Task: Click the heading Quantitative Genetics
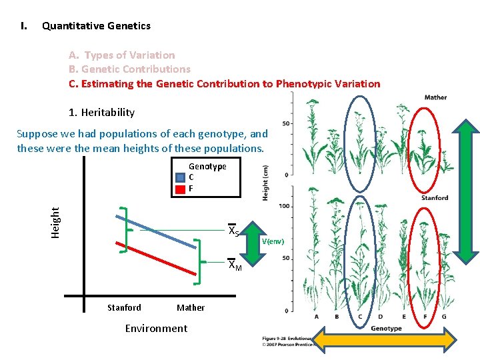(x=96, y=26)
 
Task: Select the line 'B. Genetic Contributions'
(x=129, y=69)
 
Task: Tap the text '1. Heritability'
(x=101, y=113)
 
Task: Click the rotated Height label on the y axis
(x=56, y=222)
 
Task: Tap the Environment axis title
(x=156, y=328)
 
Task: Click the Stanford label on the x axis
(x=124, y=307)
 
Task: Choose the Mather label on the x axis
(x=191, y=307)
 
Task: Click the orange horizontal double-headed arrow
(x=385, y=340)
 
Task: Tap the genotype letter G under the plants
(x=445, y=317)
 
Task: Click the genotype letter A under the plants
(x=317, y=317)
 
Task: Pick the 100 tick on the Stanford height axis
(x=284, y=207)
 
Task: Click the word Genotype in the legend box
(x=207, y=166)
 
